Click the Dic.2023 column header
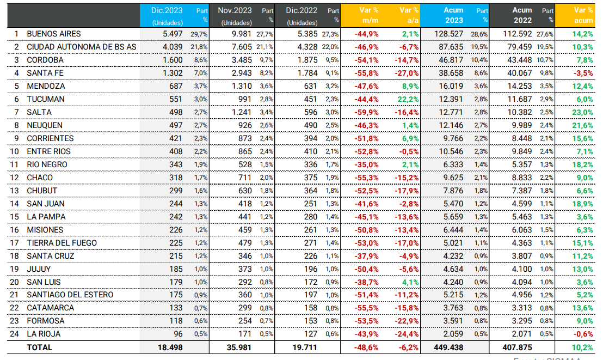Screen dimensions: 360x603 [167, 10]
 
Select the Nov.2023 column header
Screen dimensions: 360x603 [234, 10]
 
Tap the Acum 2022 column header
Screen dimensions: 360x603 [522, 15]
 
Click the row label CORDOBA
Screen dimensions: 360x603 [45, 60]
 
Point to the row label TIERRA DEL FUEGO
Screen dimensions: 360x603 [62, 243]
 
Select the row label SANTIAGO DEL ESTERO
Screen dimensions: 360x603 [70, 295]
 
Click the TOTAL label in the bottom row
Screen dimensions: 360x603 [40, 347]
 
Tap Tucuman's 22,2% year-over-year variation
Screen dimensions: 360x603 [408, 99]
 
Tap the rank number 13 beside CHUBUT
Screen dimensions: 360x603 [16, 191]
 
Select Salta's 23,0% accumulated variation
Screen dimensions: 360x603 [582, 112]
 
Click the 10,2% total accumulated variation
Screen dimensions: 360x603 [582, 347]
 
